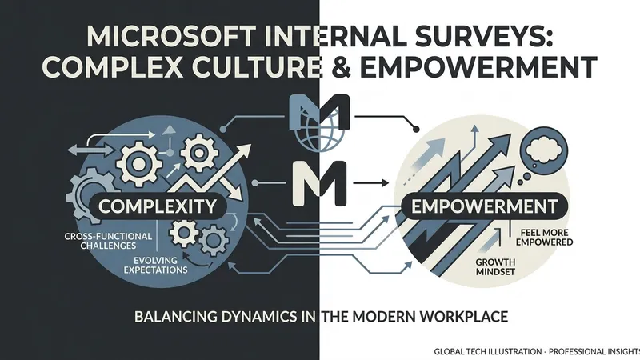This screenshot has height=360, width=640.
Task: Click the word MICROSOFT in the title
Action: tap(171, 37)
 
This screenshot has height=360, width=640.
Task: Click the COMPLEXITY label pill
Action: tap(157, 206)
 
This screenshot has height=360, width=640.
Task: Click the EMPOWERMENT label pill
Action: tap(485, 206)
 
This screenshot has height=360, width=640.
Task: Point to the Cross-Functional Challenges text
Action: tap(108, 241)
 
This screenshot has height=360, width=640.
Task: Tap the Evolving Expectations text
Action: tap(155, 265)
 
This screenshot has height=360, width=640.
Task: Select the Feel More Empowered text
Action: tap(544, 237)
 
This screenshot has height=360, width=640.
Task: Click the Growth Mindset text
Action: tap(495, 267)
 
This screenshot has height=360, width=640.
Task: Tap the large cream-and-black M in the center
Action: tap(320, 183)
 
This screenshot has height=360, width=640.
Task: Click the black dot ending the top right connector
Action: tap(415, 130)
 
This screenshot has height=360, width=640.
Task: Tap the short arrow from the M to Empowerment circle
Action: tap(371, 183)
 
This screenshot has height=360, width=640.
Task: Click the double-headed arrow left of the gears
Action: tap(91, 150)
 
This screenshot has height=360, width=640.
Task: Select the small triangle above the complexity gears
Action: tap(169, 130)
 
